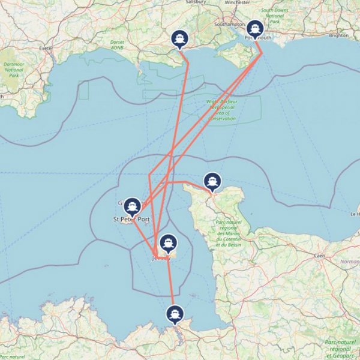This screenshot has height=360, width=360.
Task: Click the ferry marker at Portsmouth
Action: tap(256, 29)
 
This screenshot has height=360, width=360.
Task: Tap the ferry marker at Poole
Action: tap(179, 39)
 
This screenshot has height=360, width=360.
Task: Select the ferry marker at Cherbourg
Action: tap(211, 181)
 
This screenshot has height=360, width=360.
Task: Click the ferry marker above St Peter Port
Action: tap(132, 206)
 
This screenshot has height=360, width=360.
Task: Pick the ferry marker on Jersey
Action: tap(169, 242)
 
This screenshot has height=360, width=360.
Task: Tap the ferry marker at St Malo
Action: tap(175, 314)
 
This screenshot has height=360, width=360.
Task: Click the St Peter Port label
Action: tap(131, 220)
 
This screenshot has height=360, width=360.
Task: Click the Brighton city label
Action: tap(338, 35)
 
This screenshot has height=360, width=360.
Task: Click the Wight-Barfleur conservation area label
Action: tap(222, 110)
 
